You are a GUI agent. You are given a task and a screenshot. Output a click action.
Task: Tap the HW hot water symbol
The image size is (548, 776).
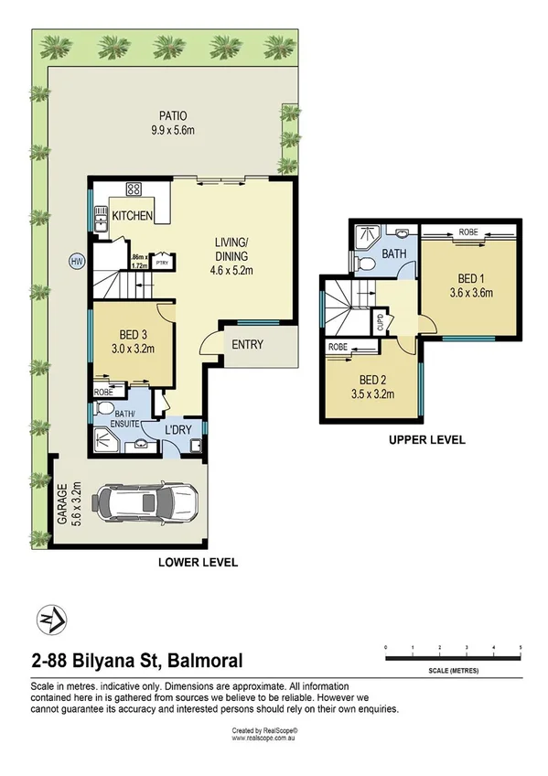pos(76,261)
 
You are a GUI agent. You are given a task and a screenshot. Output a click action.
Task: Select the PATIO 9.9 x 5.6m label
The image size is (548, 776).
pos(174,123)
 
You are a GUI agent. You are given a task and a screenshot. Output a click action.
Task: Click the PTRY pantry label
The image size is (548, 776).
pos(162,263)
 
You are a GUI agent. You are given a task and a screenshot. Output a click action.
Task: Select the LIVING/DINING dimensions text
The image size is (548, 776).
pos(233,270)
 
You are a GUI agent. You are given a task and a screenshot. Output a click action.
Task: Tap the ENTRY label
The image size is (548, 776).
pos(248,345)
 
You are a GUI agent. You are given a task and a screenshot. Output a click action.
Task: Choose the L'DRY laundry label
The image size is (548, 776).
pos(177,430)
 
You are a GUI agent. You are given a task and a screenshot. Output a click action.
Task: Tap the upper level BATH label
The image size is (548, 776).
pos(394,253)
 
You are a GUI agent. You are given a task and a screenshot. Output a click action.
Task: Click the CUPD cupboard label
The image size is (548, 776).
pos(380,323)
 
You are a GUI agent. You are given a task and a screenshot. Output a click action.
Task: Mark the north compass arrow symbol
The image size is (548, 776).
pos(48,620)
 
